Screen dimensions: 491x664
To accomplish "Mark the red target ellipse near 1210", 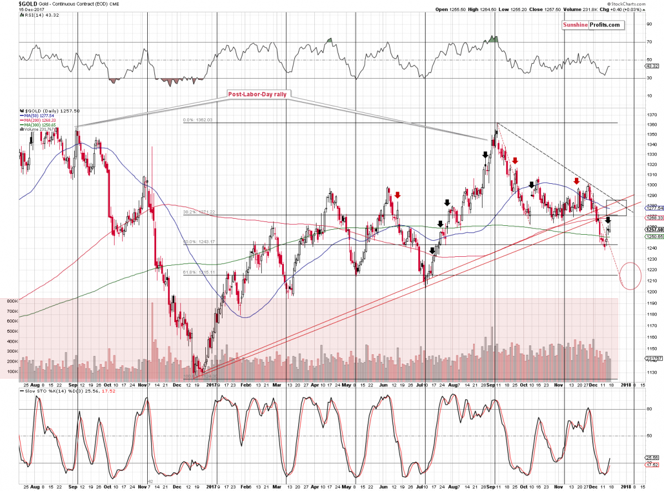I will click(631, 275).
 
